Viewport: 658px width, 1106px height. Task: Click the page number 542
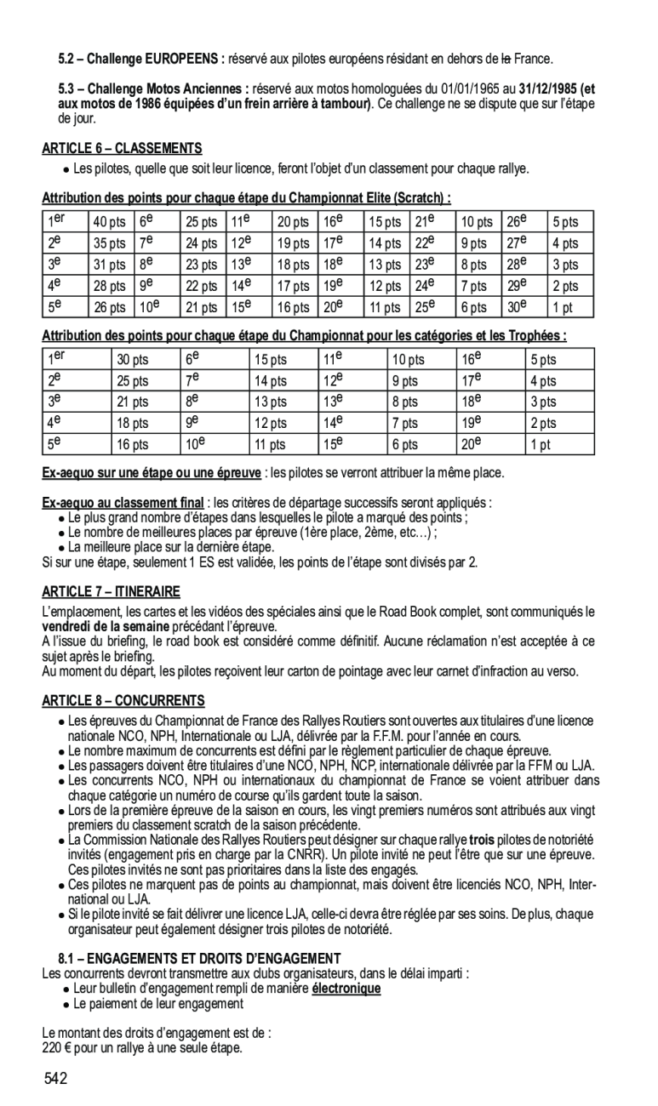coord(56,1080)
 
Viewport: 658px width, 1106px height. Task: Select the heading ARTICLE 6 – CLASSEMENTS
coord(122,148)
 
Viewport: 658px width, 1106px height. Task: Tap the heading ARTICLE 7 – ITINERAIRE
coord(111,591)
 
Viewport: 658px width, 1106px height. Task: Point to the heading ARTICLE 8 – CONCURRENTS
coord(123,701)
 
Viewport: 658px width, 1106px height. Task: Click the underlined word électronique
coord(346,989)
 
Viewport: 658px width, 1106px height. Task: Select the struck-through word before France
coord(506,59)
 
